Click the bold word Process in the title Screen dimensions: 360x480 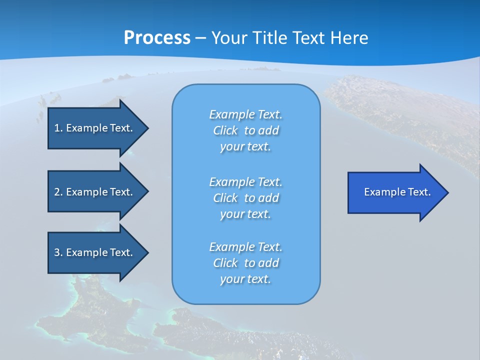[157, 38]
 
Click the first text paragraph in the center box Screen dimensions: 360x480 [245, 130]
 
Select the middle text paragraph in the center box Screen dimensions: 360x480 [245, 198]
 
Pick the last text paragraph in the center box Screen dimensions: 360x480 [245, 263]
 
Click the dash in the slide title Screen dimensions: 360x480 [201, 38]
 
